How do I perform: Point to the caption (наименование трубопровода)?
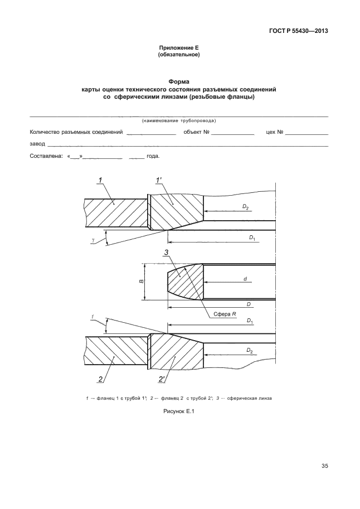(x=179, y=120)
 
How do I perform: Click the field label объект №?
(x=195, y=133)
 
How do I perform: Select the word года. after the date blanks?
(x=153, y=156)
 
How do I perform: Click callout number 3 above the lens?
(x=166, y=253)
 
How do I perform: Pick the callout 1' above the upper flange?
(x=158, y=180)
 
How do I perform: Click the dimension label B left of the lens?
(x=142, y=282)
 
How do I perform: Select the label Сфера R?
(x=226, y=314)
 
